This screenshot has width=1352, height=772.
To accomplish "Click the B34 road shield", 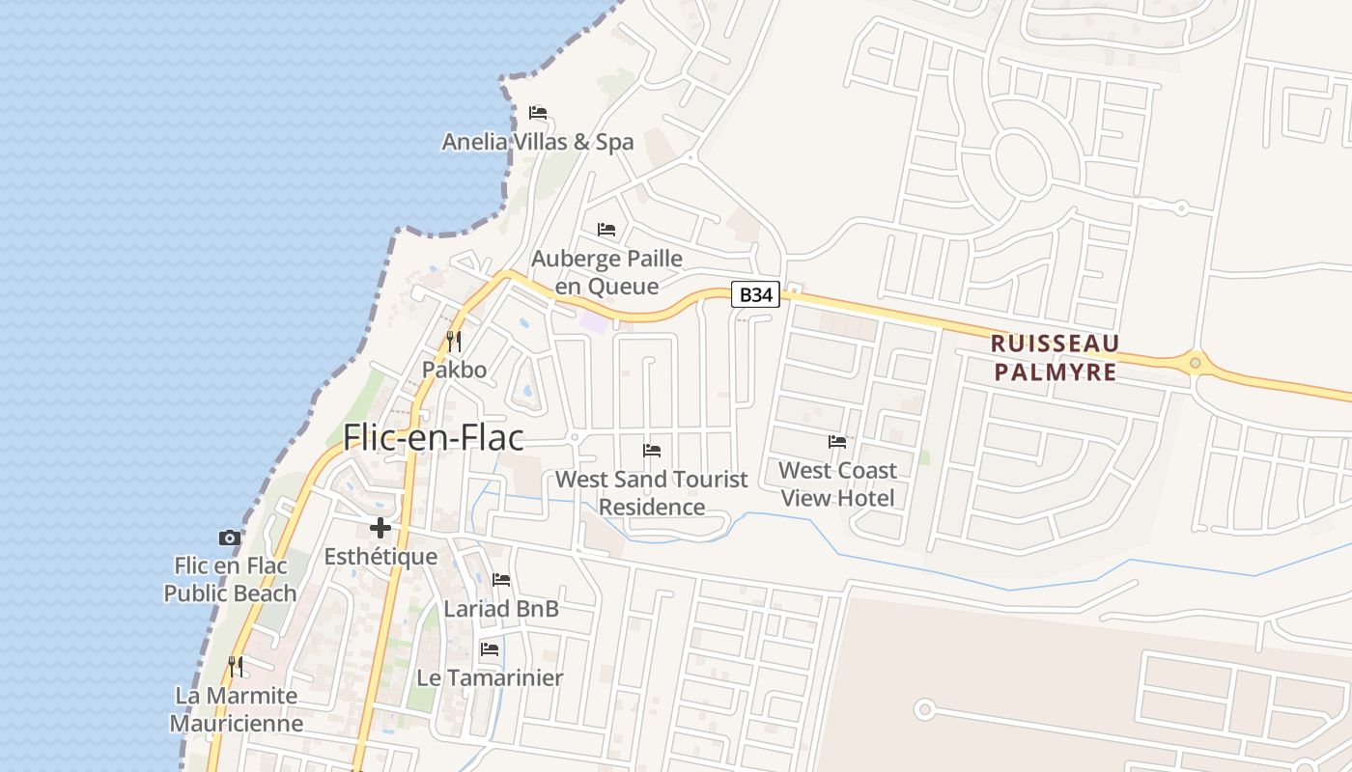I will click(755, 294).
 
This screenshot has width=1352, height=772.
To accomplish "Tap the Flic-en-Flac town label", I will click(434, 437).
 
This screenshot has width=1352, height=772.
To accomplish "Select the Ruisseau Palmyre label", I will click(1055, 357).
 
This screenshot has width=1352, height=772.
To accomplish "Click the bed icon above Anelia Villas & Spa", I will click(538, 113).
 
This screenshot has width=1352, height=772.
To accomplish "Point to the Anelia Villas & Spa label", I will click(538, 142).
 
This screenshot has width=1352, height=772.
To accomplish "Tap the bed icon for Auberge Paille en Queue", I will click(606, 230).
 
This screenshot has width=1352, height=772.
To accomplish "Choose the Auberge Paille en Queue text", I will click(606, 272).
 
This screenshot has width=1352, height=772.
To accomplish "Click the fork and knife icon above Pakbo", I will click(454, 341).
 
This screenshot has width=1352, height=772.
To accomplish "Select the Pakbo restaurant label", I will click(454, 370).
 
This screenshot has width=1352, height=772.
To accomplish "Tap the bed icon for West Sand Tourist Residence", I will click(652, 450).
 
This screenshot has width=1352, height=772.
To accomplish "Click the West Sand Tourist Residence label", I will click(652, 492).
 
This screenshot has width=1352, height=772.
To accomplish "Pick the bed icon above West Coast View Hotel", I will click(837, 442).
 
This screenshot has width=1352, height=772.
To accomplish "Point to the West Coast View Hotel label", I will click(837, 484).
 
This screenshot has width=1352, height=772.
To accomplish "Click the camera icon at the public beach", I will click(229, 538).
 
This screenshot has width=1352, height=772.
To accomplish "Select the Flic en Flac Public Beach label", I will click(230, 579).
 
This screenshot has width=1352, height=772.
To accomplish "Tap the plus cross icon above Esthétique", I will click(380, 528).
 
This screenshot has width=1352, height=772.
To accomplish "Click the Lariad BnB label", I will click(501, 609).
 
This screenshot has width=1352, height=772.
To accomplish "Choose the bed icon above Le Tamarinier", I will click(490, 649).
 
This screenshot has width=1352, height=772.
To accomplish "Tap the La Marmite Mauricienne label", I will click(237, 709).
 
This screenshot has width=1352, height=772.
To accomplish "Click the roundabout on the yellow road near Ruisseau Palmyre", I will click(1196, 363).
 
